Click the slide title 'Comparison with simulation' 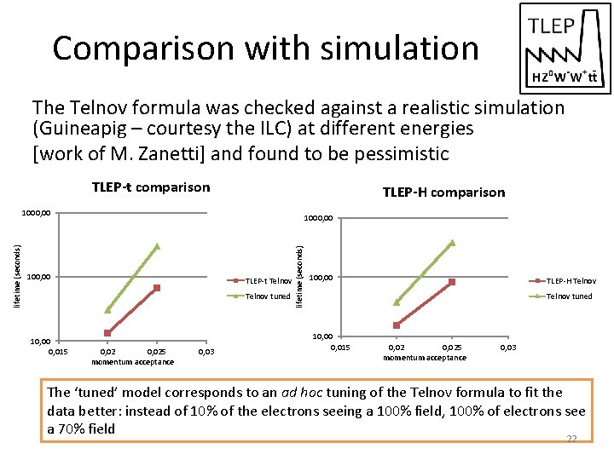[x=265, y=49]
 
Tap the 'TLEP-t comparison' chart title [x=150, y=187]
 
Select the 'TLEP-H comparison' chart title [x=443, y=193]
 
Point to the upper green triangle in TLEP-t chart [x=157, y=246]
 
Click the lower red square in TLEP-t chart [x=107, y=333]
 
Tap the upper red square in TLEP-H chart [x=452, y=282]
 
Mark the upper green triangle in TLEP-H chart [x=452, y=243]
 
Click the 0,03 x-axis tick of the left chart [x=206, y=351]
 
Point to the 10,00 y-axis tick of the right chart [x=321, y=336]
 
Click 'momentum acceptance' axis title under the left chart [x=132, y=362]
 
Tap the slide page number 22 [x=572, y=439]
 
